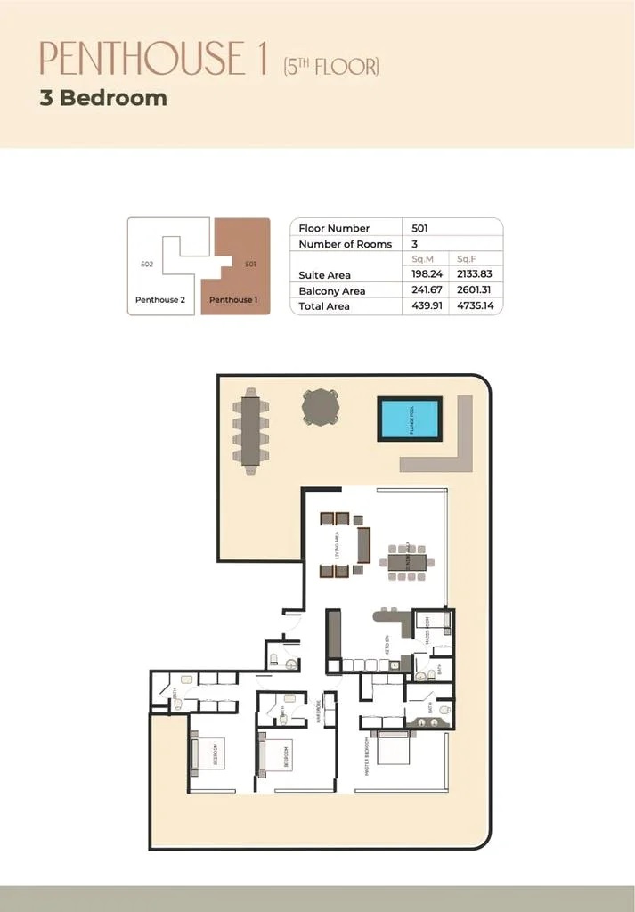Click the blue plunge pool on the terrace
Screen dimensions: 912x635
coord(409,419)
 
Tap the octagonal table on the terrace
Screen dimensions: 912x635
coord(321,407)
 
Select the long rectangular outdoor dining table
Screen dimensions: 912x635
coord(250,430)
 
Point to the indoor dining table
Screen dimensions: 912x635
coord(407,562)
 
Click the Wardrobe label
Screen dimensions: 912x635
coord(319,712)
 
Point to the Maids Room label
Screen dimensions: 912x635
coord(427,629)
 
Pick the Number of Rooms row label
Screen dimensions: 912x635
coord(345,244)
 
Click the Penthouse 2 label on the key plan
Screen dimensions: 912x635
coord(160,300)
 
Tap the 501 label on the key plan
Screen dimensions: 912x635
coord(250,265)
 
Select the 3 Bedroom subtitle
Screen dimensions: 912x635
coord(103,98)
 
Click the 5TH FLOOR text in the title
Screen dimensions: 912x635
coord(331,66)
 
